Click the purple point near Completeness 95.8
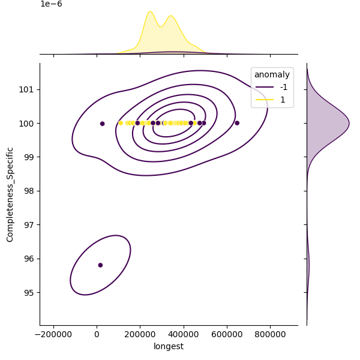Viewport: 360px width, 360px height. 100,265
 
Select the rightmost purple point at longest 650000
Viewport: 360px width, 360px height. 237,123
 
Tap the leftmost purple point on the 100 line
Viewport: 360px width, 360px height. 102,124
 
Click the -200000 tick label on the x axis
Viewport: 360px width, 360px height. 54,335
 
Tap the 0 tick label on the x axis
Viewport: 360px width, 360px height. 97,335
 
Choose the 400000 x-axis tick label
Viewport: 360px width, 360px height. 184,335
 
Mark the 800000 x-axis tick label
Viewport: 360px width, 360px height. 270,335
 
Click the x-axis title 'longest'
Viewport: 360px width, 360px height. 169,346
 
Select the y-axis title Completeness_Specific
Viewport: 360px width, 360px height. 10,194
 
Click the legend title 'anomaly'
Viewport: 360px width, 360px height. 272,75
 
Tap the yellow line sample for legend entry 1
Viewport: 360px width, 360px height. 264,100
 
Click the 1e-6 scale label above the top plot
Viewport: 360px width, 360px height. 51,4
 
